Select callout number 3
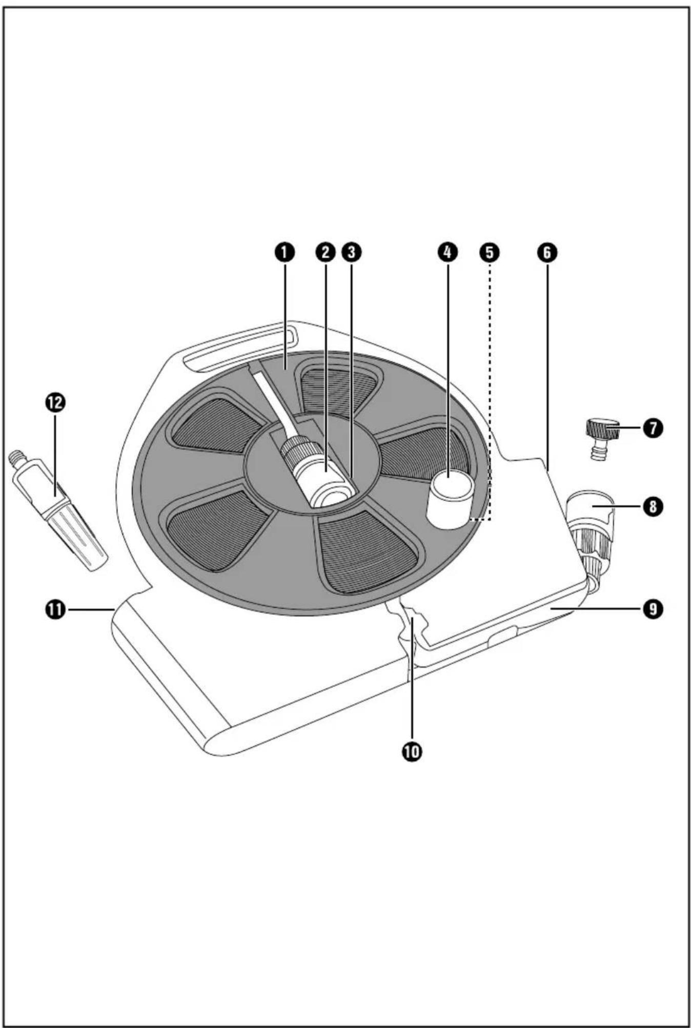(x=352, y=252)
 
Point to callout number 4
(x=448, y=252)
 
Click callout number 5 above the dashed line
(x=489, y=252)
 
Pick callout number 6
(x=547, y=252)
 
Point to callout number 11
(x=55, y=609)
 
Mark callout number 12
(x=55, y=402)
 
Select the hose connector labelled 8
(x=591, y=538)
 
